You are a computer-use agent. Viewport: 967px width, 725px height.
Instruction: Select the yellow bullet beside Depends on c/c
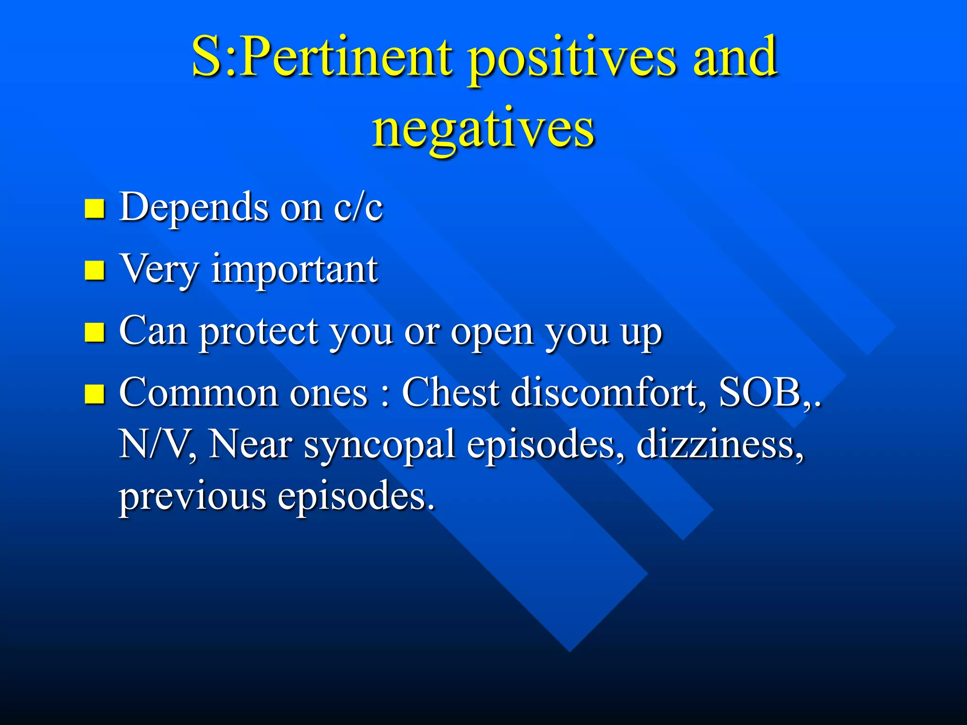click(94, 209)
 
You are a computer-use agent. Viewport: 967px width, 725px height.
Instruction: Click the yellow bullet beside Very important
click(94, 270)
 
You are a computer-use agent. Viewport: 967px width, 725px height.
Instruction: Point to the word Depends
click(194, 208)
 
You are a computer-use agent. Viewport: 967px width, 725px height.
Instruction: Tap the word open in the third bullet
click(492, 333)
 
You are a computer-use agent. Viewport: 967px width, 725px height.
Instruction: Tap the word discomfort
click(605, 393)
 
